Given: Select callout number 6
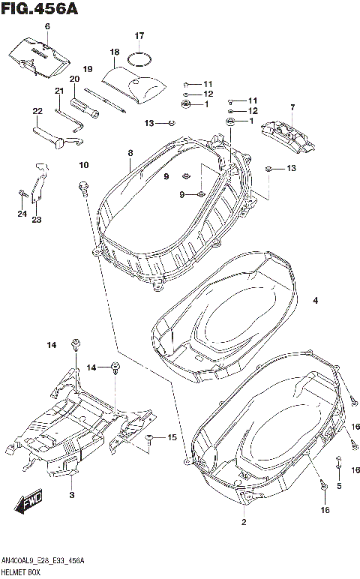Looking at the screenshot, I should (x=46, y=27).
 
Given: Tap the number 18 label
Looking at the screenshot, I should (x=115, y=52).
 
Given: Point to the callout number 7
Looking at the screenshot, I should (x=292, y=107).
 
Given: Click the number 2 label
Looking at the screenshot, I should (x=244, y=521).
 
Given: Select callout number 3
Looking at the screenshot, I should (x=71, y=496).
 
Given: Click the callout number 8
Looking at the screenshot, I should (x=130, y=153).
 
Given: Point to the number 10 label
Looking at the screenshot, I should (x=83, y=165).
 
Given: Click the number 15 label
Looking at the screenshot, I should (x=172, y=437).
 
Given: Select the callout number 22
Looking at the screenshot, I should (x=37, y=111).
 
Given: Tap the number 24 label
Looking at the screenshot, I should (x=21, y=214).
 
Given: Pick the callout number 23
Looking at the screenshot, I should (x=36, y=220).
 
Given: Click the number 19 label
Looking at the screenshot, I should (x=87, y=69).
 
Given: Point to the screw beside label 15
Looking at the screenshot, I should (x=151, y=437).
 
